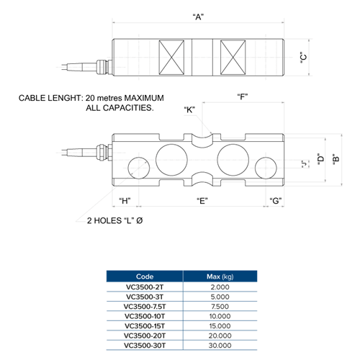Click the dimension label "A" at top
click(198, 17)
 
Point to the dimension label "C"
click(304, 57)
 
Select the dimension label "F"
click(243, 97)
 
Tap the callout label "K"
click(189, 109)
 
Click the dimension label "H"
click(125, 201)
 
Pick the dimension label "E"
click(202, 201)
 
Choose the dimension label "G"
click(276, 201)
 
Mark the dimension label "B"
click(336, 159)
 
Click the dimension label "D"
click(321, 159)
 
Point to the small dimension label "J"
click(305, 164)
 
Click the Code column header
click(145, 276)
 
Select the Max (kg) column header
click(220, 276)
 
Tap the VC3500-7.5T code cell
click(145, 307)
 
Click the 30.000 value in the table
click(220, 346)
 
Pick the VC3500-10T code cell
click(145, 316)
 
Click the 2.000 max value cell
click(220, 287)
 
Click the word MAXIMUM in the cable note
click(144, 98)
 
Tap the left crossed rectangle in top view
click(171, 58)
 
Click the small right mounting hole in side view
click(266, 168)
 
